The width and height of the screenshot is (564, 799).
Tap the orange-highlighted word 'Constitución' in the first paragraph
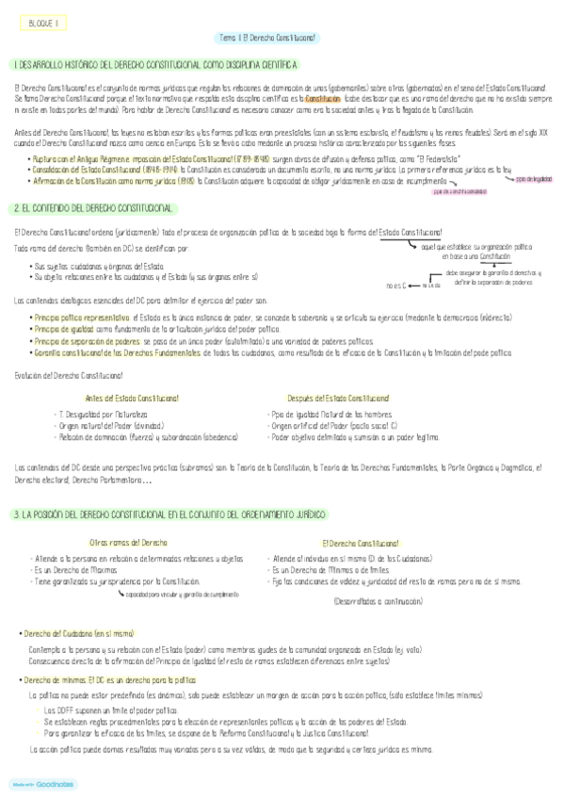[x=324, y=98]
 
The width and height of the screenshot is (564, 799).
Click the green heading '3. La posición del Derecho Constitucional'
[x=169, y=514]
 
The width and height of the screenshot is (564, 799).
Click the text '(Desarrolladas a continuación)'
[x=378, y=602]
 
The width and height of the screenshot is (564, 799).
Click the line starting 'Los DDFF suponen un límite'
[x=111, y=709]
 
